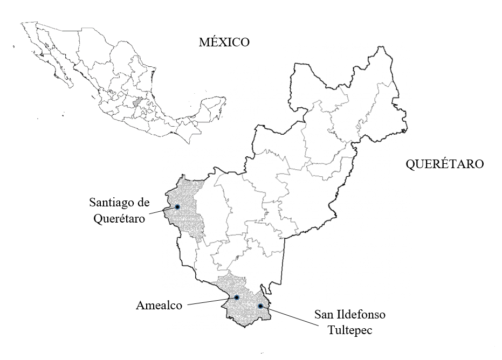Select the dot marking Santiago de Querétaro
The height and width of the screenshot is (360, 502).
pos(177,207)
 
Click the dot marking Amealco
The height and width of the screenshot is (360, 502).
pos(236,297)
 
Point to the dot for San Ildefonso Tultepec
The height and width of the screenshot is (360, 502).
pos(260,306)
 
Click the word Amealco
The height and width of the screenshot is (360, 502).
pos(159,306)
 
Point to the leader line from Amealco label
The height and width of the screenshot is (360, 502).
pos(209,302)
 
